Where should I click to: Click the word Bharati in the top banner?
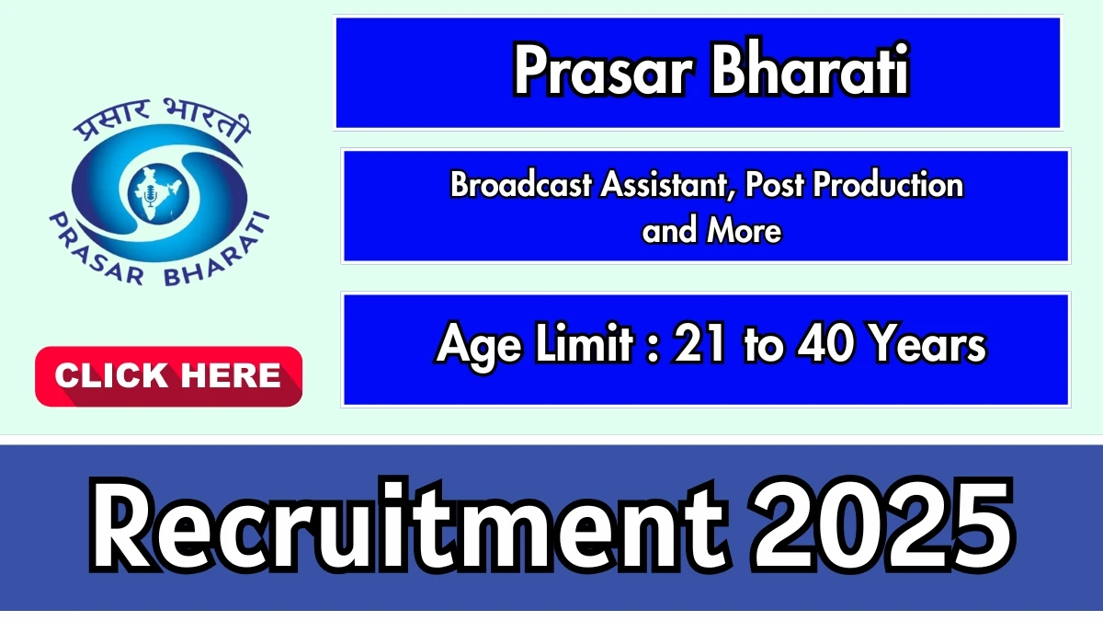click(x=811, y=68)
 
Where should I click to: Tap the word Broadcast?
click(x=520, y=185)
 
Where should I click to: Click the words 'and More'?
click(x=711, y=230)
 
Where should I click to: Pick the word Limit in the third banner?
click(x=584, y=343)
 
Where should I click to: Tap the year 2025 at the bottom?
click(x=881, y=525)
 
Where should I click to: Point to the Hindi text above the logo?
click(x=163, y=121)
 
